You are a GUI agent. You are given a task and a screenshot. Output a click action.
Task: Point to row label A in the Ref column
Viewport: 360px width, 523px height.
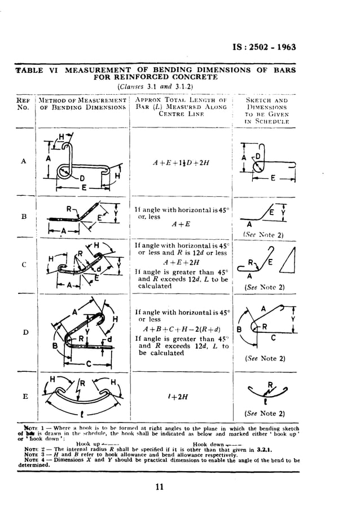click(x=23, y=161)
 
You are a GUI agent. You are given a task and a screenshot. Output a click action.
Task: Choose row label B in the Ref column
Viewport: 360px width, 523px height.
click(x=23, y=215)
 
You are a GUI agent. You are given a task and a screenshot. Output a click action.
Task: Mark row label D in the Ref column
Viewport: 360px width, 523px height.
click(x=23, y=332)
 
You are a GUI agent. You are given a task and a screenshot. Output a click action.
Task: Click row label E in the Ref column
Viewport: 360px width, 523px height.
click(x=23, y=395)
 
